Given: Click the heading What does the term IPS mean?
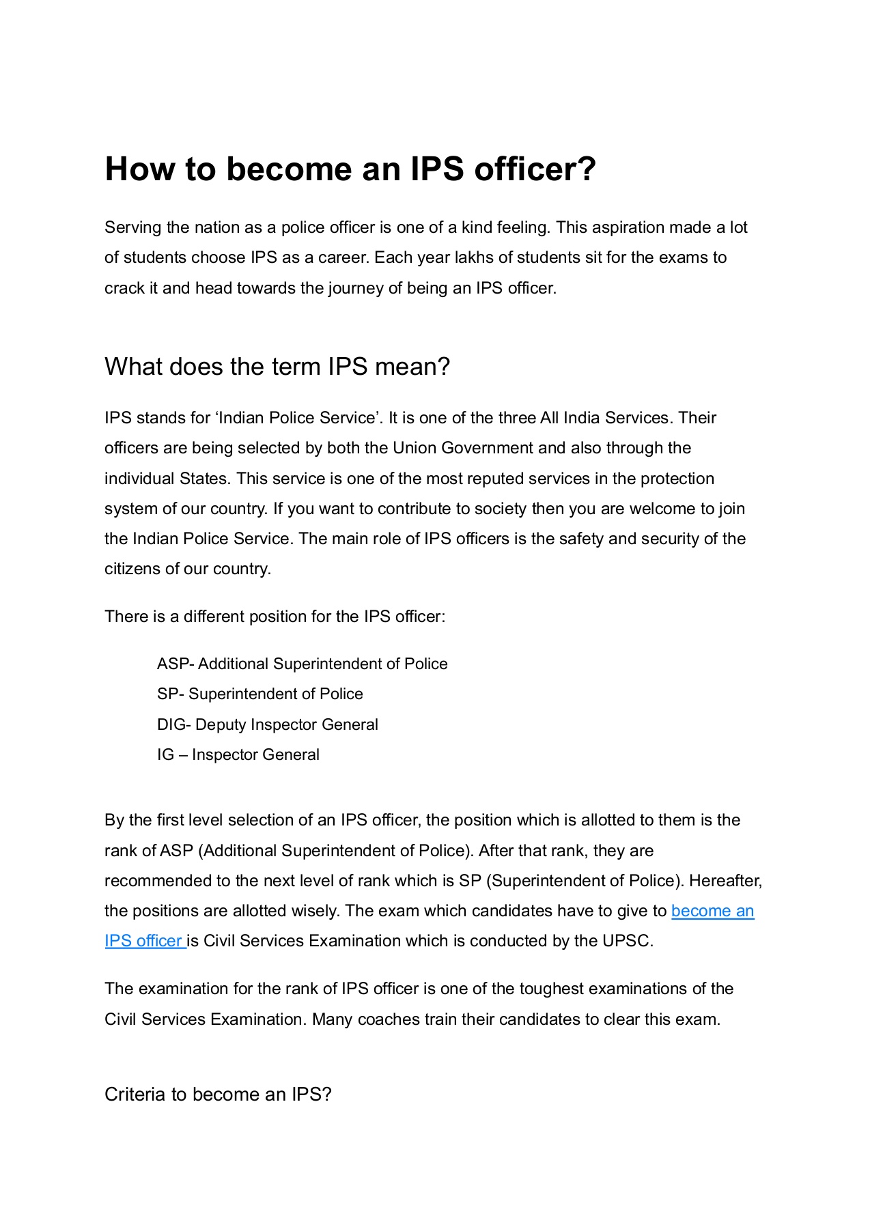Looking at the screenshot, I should tap(277, 367).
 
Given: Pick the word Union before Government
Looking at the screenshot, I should tap(415, 448).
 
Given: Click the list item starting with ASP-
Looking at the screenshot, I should tap(302, 664).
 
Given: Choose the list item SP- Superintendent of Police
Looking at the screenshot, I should tap(259, 694).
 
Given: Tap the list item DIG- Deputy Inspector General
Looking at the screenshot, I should tap(267, 724).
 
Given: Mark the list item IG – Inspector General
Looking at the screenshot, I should tap(238, 754).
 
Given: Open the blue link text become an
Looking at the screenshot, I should tap(712, 911).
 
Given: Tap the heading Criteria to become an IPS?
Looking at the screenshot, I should tap(218, 1094).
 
